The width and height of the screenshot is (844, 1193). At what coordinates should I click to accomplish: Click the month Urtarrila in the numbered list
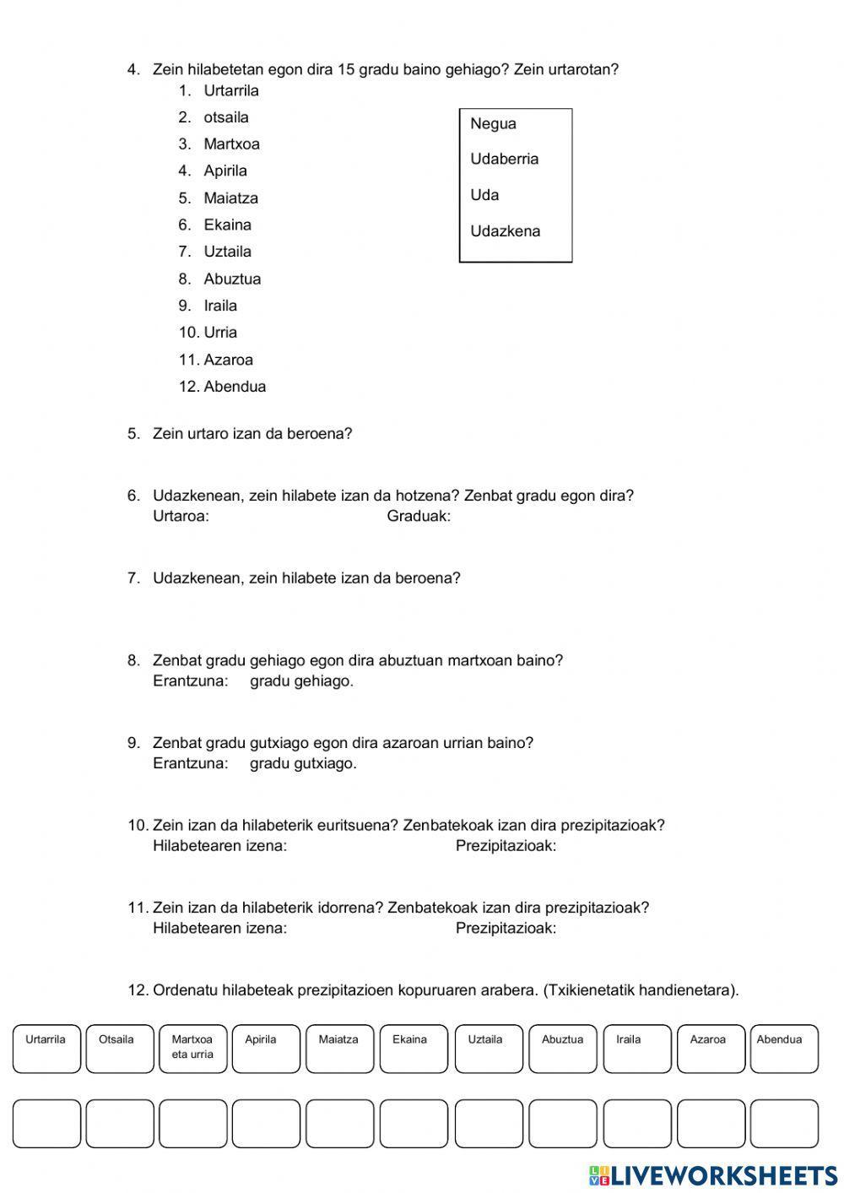click(230, 90)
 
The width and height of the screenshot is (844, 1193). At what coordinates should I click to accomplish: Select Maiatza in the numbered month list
click(230, 198)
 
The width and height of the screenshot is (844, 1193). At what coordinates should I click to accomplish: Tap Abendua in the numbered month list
click(235, 387)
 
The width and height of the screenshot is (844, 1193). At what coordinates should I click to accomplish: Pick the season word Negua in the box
click(493, 124)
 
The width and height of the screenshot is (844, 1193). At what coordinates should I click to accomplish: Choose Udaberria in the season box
click(504, 159)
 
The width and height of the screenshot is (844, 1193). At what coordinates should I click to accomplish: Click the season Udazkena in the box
click(505, 231)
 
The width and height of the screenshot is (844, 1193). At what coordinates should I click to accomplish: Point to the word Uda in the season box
click(484, 195)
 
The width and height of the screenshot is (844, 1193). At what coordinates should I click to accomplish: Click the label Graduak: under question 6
click(419, 516)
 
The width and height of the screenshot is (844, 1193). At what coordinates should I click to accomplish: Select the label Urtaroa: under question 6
click(181, 516)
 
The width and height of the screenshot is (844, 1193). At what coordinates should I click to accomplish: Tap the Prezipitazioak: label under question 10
click(506, 846)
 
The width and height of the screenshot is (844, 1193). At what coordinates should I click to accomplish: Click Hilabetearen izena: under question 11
click(219, 929)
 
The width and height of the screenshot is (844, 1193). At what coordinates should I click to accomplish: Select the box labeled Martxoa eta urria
click(192, 1049)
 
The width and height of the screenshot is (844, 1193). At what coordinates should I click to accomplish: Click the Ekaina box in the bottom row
click(414, 1049)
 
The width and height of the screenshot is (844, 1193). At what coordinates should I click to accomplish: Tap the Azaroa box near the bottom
click(711, 1049)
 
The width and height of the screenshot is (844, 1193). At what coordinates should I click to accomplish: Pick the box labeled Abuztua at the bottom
click(562, 1049)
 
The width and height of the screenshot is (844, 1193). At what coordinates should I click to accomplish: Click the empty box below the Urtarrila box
click(46, 1124)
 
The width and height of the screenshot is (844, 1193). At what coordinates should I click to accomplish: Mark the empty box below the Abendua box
click(784, 1124)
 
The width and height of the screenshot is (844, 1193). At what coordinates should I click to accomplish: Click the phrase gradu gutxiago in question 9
click(303, 763)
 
